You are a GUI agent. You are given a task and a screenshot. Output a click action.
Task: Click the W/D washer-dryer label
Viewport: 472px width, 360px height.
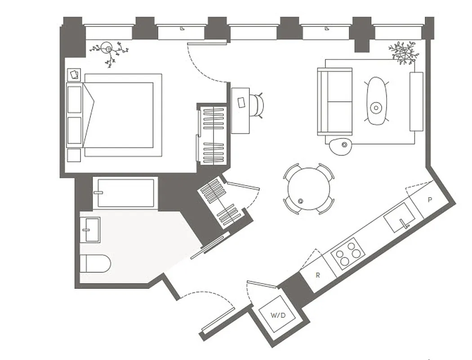click(278, 315)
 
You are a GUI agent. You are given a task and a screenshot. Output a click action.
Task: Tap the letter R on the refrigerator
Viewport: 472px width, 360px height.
click(318, 275)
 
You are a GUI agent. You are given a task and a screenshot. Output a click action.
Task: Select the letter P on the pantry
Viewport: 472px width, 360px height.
click(430, 199)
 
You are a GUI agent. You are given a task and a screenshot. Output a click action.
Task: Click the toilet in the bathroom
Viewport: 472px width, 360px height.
click(95, 264)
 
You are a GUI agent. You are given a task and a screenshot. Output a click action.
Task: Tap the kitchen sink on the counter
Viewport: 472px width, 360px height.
click(399, 217)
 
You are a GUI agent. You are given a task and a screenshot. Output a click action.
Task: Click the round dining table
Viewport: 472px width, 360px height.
click(309, 189)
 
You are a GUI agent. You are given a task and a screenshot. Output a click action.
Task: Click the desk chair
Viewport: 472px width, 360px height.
click(257, 104)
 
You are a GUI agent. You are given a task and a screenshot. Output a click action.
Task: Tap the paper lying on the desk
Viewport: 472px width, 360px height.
click(241, 102)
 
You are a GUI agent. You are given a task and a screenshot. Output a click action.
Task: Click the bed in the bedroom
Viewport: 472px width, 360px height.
click(121, 115)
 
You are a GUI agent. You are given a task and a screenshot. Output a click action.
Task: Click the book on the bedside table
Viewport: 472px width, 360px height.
click(74, 74)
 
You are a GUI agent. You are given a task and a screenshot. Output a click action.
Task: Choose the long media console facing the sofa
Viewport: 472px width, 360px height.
click(416, 101)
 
